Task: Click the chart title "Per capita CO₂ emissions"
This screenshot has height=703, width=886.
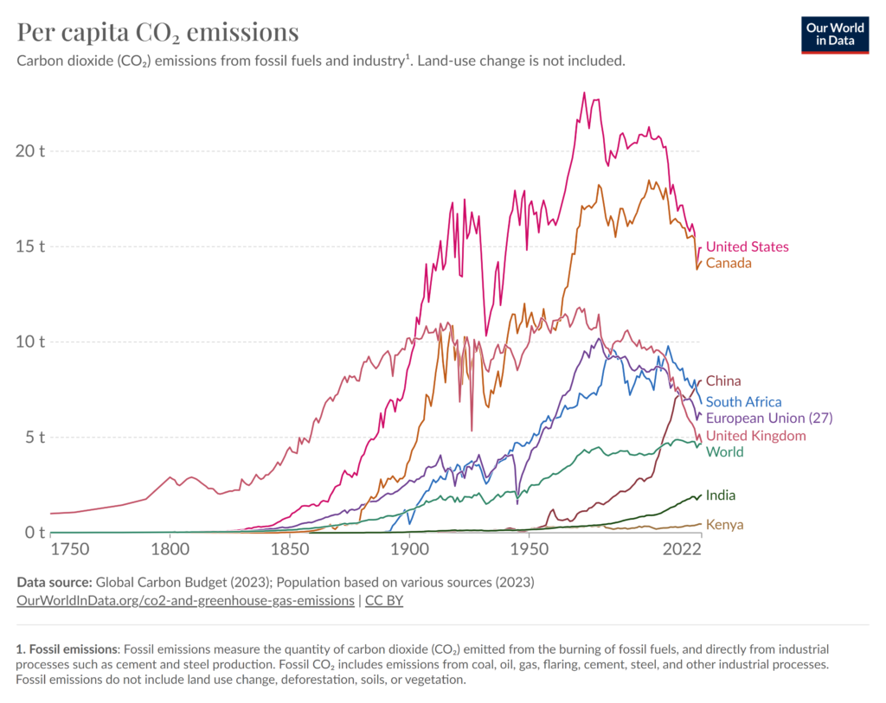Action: click(x=158, y=33)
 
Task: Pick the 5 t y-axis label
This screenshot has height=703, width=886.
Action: click(x=34, y=438)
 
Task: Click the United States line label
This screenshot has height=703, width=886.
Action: click(x=747, y=247)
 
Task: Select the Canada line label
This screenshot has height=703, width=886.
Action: click(x=729, y=263)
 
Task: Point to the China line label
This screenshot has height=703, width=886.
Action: click(x=723, y=381)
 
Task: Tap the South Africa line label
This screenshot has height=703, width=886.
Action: click(x=743, y=402)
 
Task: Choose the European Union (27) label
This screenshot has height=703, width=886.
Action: click(x=768, y=418)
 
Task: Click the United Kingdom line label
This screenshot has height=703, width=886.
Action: click(x=755, y=436)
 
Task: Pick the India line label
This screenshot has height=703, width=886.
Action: click(x=721, y=495)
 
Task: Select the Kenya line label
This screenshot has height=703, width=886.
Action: click(x=724, y=525)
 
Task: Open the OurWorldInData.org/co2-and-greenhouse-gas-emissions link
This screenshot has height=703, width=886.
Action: click(x=185, y=599)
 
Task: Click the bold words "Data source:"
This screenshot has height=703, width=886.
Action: click(x=54, y=581)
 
